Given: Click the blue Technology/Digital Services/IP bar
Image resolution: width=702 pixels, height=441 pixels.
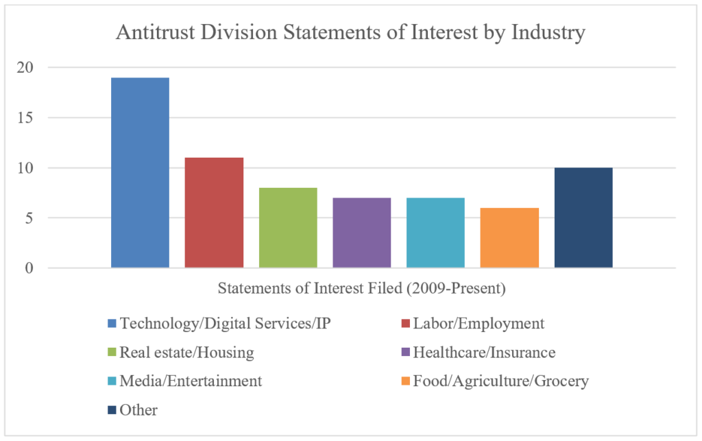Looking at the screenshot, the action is (140, 173).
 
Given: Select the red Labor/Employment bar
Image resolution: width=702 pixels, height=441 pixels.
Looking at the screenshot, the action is (214, 213).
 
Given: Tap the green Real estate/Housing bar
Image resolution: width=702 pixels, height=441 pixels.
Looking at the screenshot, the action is (288, 228).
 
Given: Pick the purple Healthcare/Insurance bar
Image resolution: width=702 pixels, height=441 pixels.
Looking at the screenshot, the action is (362, 233).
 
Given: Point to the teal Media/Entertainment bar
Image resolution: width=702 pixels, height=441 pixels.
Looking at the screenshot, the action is (435, 233).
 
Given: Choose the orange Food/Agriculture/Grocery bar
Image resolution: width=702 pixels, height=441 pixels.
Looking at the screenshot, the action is (509, 238).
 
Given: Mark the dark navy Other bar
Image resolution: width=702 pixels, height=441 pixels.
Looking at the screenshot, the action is (583, 218).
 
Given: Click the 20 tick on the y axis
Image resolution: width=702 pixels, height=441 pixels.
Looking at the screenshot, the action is (25, 68).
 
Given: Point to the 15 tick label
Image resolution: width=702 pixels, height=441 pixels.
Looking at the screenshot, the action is (25, 118).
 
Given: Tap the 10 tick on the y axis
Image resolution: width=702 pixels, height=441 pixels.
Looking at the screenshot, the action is (25, 168).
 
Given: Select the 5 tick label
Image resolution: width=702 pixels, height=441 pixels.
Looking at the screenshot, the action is (29, 218).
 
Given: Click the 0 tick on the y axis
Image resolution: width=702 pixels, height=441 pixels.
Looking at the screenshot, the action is (29, 268).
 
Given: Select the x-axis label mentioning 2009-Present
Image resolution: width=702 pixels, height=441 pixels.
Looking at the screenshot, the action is (362, 288).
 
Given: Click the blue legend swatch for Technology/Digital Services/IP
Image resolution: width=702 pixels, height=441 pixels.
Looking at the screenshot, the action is (112, 323).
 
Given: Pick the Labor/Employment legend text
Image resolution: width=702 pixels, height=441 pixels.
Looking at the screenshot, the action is (479, 324).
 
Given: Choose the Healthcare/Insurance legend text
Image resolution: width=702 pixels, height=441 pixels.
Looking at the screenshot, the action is (484, 353).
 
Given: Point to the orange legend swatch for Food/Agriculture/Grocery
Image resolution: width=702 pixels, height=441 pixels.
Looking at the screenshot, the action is (406, 381).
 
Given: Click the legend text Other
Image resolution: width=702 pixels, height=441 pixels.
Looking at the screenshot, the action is (138, 409).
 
